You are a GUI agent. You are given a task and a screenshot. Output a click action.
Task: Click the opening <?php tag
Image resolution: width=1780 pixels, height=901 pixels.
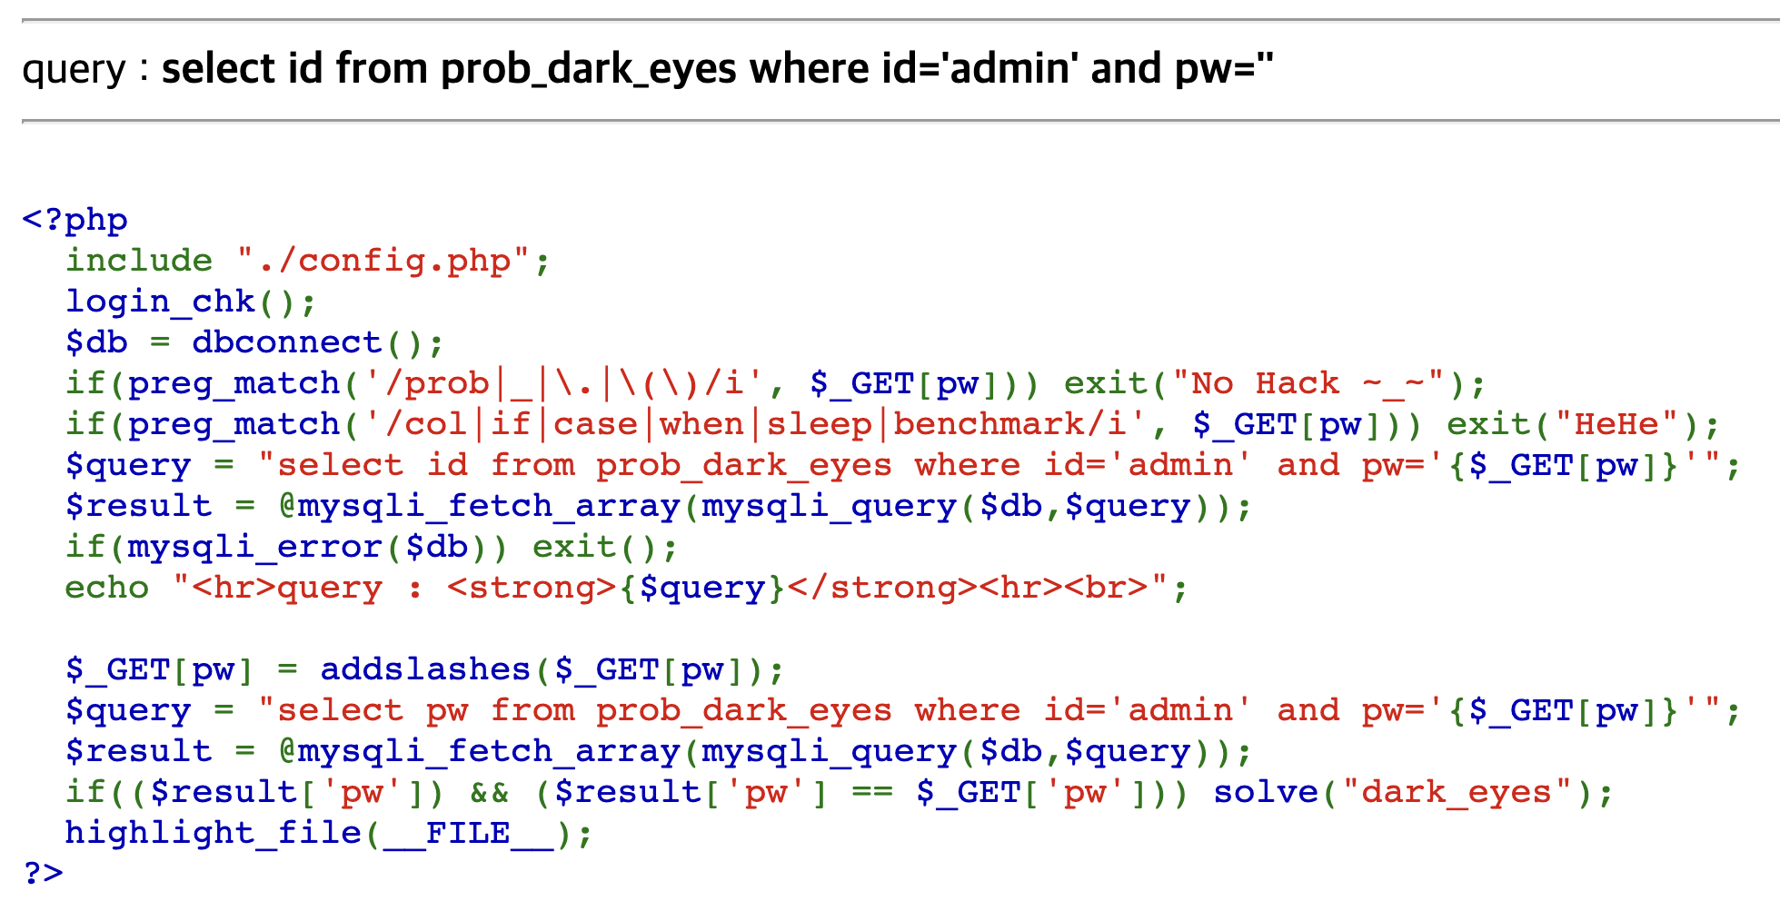click(75, 220)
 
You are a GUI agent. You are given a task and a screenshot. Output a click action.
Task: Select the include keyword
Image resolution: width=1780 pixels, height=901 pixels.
click(138, 261)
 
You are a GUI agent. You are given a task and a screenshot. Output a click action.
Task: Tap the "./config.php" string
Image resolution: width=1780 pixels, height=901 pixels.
click(383, 261)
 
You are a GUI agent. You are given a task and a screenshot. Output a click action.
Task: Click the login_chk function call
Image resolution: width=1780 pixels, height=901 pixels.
click(160, 302)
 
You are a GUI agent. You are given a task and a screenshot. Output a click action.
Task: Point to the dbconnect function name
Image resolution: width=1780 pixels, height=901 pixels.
click(286, 342)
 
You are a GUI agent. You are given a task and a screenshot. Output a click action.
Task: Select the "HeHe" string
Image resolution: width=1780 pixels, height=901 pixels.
click(1616, 424)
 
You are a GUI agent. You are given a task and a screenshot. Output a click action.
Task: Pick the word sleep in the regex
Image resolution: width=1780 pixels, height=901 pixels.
click(819, 424)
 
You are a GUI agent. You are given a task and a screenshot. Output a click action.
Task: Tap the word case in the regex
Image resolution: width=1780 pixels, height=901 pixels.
click(595, 424)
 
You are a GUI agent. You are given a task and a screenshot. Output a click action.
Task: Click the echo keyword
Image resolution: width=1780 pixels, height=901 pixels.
click(106, 588)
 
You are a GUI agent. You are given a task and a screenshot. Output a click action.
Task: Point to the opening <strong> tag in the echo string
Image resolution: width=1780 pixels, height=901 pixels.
click(532, 588)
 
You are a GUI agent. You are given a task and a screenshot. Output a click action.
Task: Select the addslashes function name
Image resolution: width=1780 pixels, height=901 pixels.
click(424, 669)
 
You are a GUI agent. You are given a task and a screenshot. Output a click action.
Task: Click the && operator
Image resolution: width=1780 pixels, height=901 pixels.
click(489, 792)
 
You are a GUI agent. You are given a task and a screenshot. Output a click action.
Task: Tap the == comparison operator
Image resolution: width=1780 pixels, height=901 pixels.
click(871, 792)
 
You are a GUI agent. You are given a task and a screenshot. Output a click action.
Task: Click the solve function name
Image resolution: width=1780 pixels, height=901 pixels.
click(1266, 792)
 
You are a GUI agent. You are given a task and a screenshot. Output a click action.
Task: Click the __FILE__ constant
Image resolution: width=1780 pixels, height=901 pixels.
click(468, 833)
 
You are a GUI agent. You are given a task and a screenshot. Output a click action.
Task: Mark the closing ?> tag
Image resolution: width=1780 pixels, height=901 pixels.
click(43, 874)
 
